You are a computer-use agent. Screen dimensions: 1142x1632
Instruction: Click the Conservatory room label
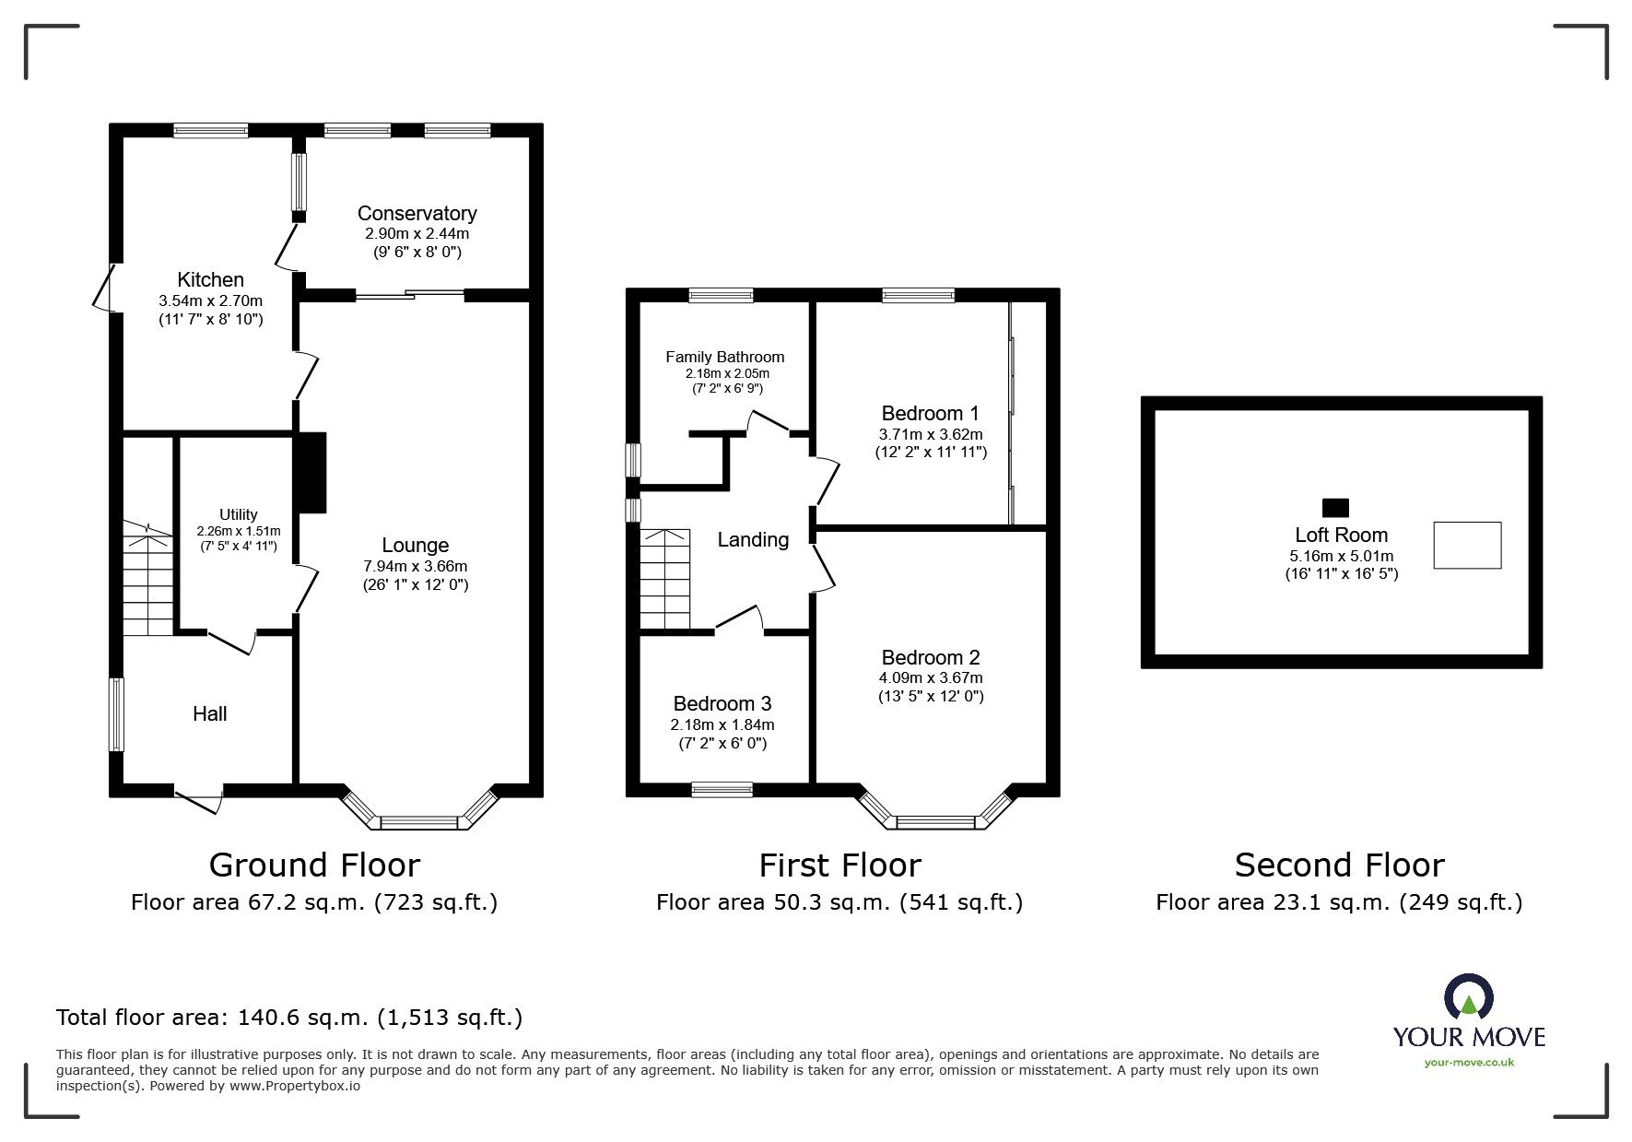coord(417,213)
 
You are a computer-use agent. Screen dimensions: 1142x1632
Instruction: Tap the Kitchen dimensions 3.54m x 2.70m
coord(210,300)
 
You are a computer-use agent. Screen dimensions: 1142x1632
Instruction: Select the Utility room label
coord(238,514)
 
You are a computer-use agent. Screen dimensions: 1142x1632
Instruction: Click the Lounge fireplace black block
coord(311,472)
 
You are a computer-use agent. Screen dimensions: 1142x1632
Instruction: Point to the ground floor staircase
coord(147,581)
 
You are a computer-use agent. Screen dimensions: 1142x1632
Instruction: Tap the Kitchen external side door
coord(104,288)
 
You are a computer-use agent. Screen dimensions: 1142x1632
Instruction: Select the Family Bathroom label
coord(724,357)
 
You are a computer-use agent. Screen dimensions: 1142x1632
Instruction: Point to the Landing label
coord(753,540)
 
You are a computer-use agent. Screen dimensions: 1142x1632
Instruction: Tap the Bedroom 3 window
coord(722,789)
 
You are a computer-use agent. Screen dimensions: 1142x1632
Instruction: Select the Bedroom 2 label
coord(930,657)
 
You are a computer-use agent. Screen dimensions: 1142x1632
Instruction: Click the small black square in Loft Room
coord(1334,507)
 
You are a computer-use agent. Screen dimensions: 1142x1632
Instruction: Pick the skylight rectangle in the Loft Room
coord(1466,545)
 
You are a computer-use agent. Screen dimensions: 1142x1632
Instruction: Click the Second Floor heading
coord(1338,865)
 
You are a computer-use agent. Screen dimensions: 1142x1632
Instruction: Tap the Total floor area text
coord(289,1018)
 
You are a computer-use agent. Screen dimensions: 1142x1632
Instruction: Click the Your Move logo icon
coord(1468,997)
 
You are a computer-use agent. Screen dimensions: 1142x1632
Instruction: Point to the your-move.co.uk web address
coord(1469,1063)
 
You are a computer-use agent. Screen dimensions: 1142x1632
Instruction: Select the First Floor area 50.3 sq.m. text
coord(839,902)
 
